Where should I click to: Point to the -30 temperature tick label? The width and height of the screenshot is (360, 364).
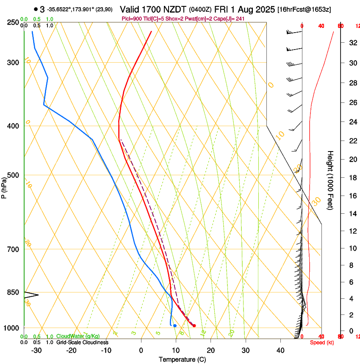[x=36, y=350]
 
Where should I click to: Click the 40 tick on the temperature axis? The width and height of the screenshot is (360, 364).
[x=280, y=350]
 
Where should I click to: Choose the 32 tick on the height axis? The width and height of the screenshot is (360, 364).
[x=352, y=43]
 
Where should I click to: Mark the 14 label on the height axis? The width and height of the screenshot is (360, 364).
[x=352, y=214]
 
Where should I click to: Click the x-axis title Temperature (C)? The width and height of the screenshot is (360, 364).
[x=182, y=360]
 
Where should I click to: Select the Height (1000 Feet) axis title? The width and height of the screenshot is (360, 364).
[x=331, y=180]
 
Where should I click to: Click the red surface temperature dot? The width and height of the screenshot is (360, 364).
[x=194, y=325]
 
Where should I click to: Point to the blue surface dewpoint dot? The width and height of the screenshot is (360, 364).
[x=174, y=325]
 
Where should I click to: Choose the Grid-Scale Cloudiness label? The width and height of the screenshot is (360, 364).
[x=82, y=342]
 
